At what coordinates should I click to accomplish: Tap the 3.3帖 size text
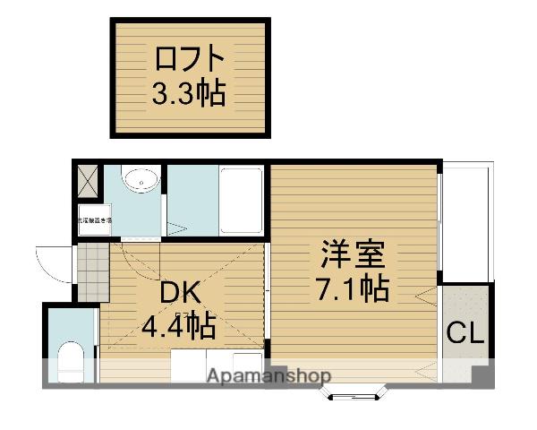[188, 92]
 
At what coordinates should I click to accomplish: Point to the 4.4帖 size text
[179, 326]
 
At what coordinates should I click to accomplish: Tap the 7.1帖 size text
[354, 288]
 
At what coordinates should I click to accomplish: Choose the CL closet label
[465, 334]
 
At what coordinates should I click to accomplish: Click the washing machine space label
[94, 220]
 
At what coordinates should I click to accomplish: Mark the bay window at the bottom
[355, 391]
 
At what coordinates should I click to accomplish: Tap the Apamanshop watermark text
[268, 376]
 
